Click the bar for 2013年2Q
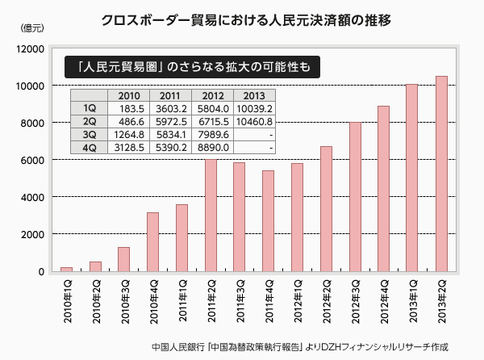coord(441,174)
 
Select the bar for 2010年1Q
coord(66,269)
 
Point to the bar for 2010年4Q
coord(152,241)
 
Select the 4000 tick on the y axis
coord(31,197)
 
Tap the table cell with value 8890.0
coord(213,148)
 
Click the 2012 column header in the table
coord(213,95)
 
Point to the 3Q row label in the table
coord(89,134)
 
